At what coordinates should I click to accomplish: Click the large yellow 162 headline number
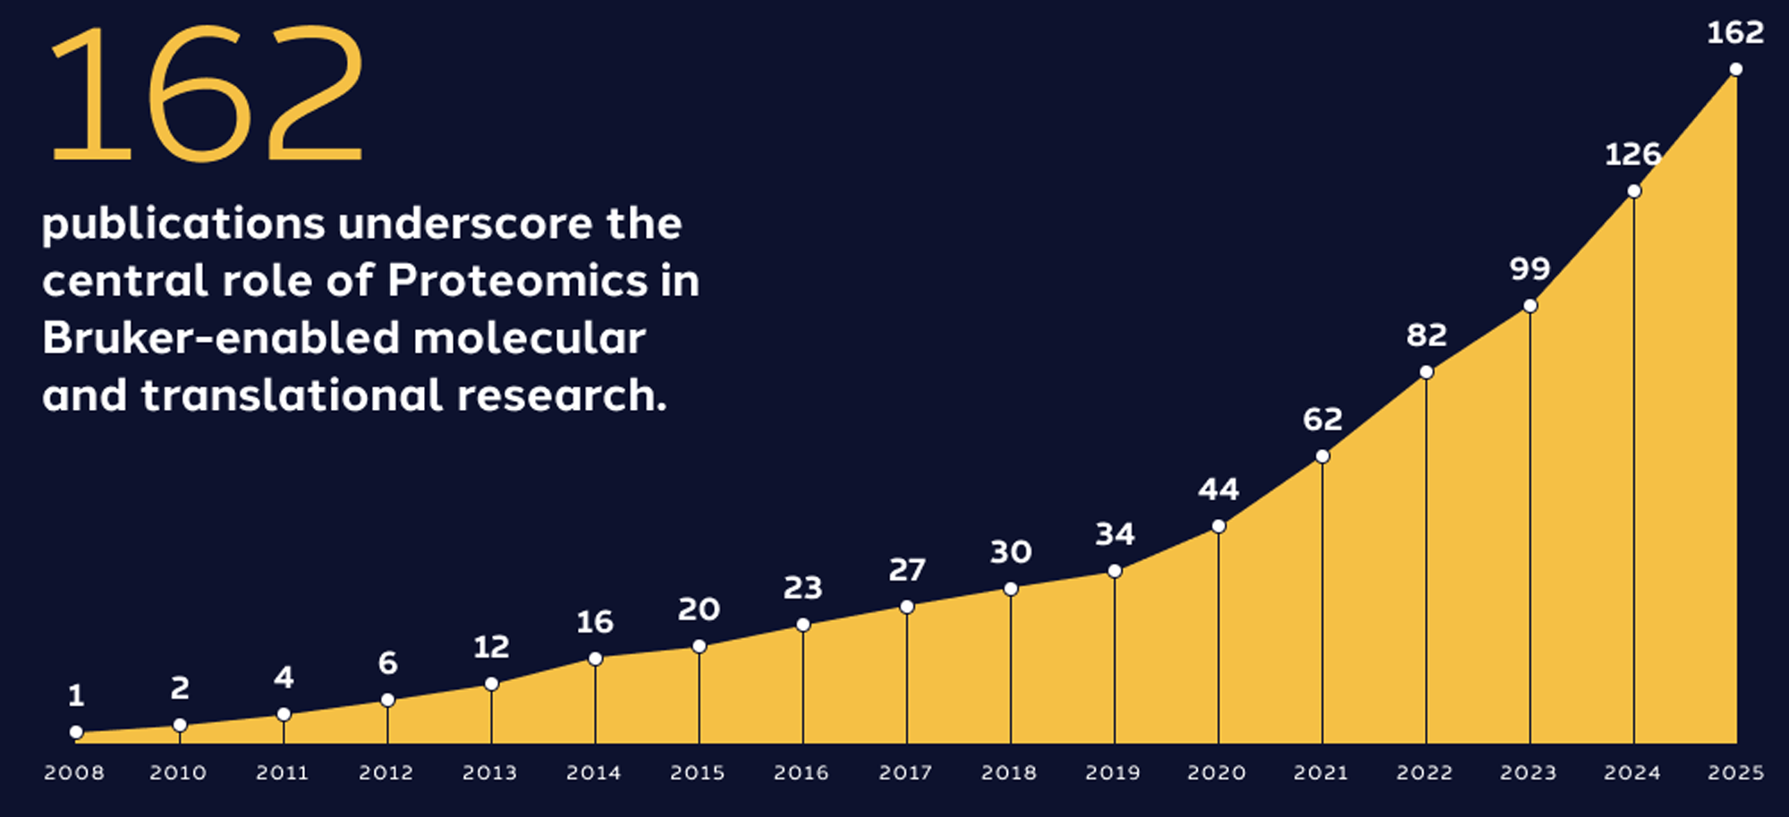point(208,94)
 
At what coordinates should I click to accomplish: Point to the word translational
point(291,396)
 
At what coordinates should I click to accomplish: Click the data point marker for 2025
point(1735,70)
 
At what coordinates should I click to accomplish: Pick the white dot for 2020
point(1218,526)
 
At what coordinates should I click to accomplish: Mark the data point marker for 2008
point(77,732)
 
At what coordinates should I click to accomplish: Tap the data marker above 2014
point(595,659)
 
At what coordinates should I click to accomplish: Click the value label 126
point(1632,155)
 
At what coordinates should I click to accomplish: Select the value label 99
point(1530,268)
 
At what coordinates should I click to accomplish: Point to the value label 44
point(1218,489)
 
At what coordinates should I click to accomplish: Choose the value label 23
point(802,588)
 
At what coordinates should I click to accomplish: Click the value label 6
point(387,663)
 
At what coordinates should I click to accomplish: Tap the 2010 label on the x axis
point(178,772)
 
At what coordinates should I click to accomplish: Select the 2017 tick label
point(905,772)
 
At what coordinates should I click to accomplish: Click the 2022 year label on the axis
point(1424,772)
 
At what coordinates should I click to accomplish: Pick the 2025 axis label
point(1735,772)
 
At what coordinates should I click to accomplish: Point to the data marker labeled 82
point(1426,372)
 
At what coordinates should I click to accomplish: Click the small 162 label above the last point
point(1735,33)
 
